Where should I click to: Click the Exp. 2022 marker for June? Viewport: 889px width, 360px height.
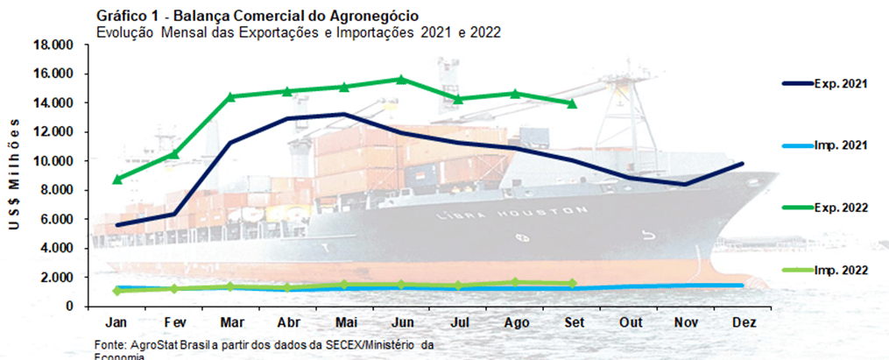click(x=401, y=79)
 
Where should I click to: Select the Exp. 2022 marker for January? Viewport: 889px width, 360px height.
click(x=117, y=179)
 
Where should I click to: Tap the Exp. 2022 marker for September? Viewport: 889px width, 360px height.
click(x=572, y=103)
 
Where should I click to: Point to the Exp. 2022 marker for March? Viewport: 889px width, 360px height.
click(x=231, y=96)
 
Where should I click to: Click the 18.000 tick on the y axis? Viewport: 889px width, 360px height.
click(x=54, y=45)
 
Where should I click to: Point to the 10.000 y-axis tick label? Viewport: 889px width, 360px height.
click(x=54, y=161)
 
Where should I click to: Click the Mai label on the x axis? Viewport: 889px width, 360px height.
click(x=344, y=322)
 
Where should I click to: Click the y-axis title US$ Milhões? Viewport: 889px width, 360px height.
click(x=14, y=174)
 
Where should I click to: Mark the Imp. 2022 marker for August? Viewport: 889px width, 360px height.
click(x=515, y=282)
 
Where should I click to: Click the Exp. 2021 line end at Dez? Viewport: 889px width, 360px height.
click(x=743, y=164)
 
